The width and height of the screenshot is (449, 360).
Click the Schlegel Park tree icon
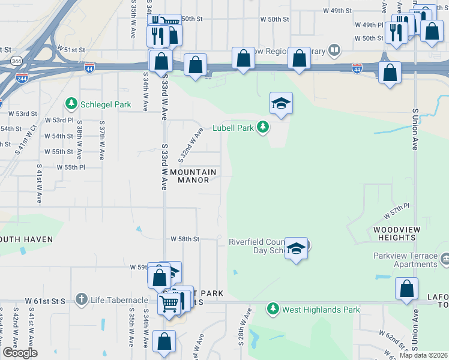pos(72,104)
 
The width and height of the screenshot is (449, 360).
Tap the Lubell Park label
pos(234,128)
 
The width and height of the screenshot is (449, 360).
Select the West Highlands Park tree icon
pos(273,309)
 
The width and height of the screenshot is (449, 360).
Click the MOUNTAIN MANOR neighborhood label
pos(193,176)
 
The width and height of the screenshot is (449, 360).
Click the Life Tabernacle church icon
pos(82,299)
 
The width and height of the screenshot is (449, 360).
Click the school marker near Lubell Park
pos(281,104)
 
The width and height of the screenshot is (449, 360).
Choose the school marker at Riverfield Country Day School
pos(297,248)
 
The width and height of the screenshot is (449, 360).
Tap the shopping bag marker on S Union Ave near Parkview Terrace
pos(407,289)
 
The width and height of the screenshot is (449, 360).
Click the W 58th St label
pos(185,239)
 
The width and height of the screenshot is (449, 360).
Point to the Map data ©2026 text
pos(423,355)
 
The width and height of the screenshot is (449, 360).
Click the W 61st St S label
pos(44,299)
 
